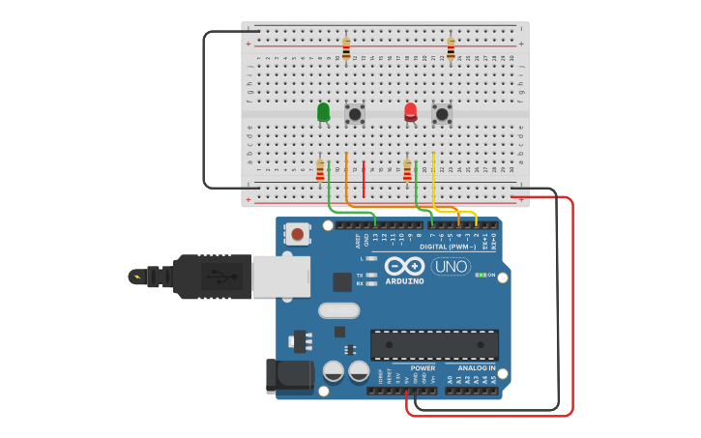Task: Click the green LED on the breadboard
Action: [323, 112]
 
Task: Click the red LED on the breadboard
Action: [410, 112]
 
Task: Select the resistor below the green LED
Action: [320, 171]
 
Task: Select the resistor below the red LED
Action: [407, 171]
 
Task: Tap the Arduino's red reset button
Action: [298, 233]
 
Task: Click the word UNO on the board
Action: [451, 266]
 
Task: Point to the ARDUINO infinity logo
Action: [404, 265]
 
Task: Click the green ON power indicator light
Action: [480, 275]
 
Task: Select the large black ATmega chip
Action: [434, 344]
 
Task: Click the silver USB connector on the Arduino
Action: [280, 276]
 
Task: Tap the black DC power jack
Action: [289, 376]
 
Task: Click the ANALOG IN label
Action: [476, 367]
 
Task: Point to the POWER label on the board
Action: [423, 367]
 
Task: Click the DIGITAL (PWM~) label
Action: [447, 247]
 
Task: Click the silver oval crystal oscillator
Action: [338, 310]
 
